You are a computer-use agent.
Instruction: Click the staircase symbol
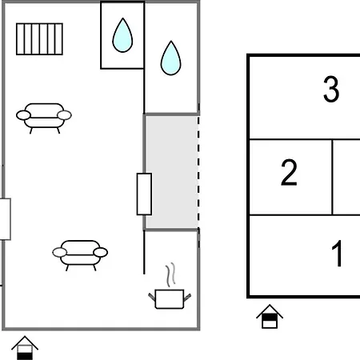(x=39, y=39)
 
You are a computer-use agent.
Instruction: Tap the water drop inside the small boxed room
(x=122, y=35)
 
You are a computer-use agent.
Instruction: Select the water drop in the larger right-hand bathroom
(x=171, y=58)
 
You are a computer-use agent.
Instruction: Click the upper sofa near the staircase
(x=44, y=118)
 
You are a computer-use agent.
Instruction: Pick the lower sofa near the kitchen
(x=80, y=255)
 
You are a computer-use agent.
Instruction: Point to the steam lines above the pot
(x=171, y=274)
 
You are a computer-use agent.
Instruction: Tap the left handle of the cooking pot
(x=152, y=297)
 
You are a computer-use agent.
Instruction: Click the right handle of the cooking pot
(x=187, y=297)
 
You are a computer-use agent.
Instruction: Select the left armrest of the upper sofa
(x=23, y=115)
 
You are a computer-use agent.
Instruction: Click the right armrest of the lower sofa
(x=101, y=252)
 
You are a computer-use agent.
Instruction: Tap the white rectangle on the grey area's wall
(x=144, y=194)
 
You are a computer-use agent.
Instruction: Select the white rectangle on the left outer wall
(x=5, y=219)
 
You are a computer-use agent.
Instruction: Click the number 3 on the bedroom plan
(x=331, y=89)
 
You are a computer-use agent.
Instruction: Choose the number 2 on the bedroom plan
(x=289, y=172)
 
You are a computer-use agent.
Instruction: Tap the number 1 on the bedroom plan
(x=337, y=253)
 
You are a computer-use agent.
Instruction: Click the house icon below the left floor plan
(x=25, y=348)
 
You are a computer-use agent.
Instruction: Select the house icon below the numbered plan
(x=270, y=316)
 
